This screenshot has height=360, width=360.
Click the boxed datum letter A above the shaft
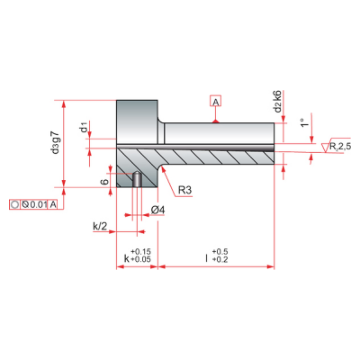point(216,102)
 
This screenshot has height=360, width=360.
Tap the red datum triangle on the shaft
point(215,121)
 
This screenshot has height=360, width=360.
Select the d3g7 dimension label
point(55,142)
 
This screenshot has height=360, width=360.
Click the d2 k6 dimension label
point(278,102)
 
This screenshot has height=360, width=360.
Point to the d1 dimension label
point(85,127)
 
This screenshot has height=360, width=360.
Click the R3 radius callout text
point(184,190)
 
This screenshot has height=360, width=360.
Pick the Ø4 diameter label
point(158,211)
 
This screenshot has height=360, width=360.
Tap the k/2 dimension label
point(100,226)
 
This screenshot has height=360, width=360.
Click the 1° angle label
point(304,122)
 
